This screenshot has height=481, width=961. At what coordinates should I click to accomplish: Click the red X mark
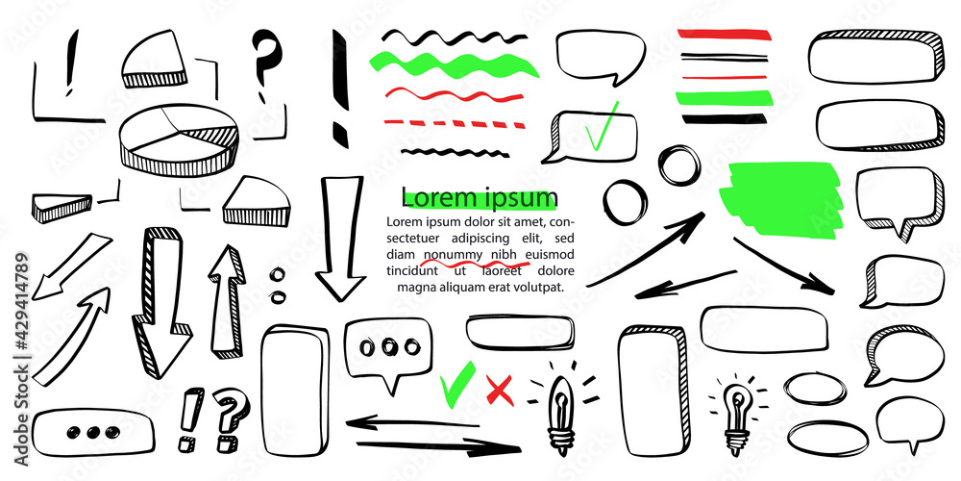click(498, 390)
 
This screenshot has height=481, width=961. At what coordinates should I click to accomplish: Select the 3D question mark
click(228, 418)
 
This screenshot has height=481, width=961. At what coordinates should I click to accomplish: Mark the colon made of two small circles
click(279, 284)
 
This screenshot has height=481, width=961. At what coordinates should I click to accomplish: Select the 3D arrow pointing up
click(224, 298)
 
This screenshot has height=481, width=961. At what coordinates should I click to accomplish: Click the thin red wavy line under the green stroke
click(454, 94)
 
